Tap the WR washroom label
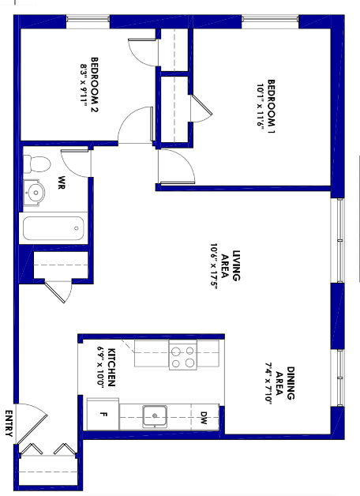coord(62,182)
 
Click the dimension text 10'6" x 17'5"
coord(213,266)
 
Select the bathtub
coord(53,229)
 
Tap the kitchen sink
coord(156,414)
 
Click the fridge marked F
coord(103,413)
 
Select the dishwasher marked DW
coord(204,415)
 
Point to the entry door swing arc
coord(32,423)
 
